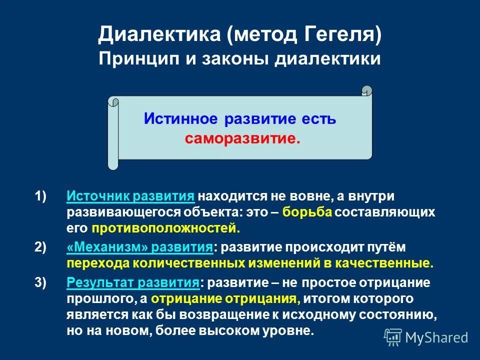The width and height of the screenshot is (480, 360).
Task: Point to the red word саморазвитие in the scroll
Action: [x=243, y=138]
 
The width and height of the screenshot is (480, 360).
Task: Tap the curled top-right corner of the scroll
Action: [x=367, y=91]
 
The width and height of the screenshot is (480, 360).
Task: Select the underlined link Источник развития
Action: [x=130, y=196]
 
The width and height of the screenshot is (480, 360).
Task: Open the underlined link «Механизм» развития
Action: [x=139, y=247]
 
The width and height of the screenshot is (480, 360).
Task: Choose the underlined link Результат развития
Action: [x=132, y=282]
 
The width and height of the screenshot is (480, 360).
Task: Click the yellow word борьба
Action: [x=307, y=212]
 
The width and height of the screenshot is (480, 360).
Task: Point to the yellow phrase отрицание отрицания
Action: [x=225, y=299]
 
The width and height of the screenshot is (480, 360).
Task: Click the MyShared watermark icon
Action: [x=393, y=337]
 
